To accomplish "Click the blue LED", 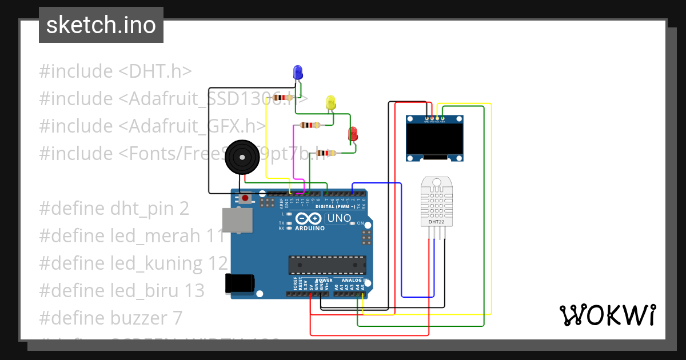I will tap(298, 73).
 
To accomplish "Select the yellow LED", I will tap(331, 103).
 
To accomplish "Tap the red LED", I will tap(353, 134).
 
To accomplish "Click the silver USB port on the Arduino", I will tap(236, 220).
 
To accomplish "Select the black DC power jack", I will tap(239, 283).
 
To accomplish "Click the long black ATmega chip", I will tap(326, 265).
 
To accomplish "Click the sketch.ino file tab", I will tap(101, 25).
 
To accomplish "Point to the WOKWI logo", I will tap(607, 315).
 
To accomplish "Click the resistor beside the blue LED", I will tap(284, 98).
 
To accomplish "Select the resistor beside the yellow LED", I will tap(310, 125).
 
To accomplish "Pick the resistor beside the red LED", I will tap(326, 153).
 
